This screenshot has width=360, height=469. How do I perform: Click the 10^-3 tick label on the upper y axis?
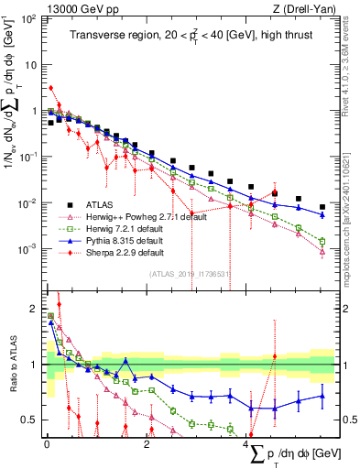pos(28,248)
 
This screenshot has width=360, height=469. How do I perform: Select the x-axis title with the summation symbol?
pos(292,455)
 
